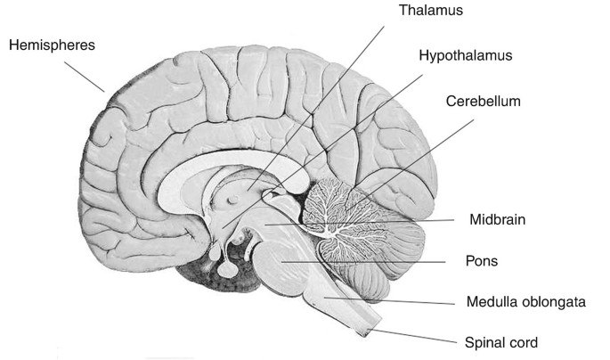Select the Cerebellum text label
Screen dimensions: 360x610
[483, 102]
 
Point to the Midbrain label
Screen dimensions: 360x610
[492, 218]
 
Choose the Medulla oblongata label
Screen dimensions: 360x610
[525, 302]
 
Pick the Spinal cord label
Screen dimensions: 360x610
[501, 341]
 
